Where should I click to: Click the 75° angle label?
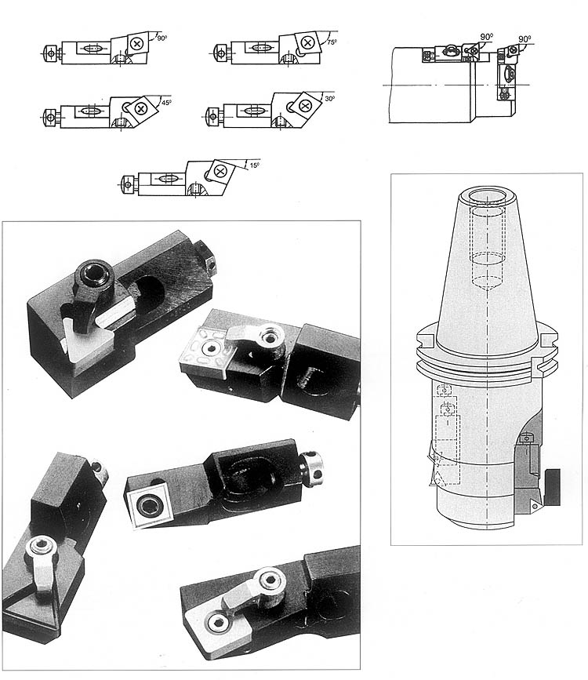click(x=332, y=42)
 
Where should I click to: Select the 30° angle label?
click(x=328, y=100)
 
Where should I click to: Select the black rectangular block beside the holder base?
click(x=557, y=485)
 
